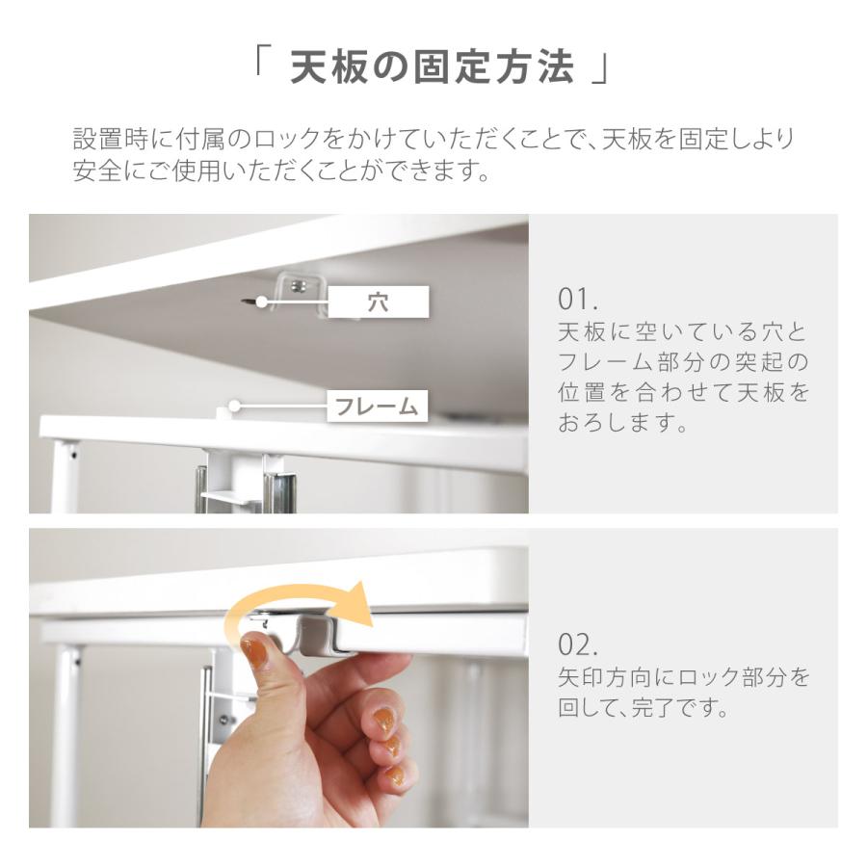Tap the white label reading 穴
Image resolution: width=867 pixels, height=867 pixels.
[378, 302]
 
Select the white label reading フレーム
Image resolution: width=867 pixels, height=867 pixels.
[377, 407]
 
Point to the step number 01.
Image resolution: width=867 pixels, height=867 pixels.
[578, 297]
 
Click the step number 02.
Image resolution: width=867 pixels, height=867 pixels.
[578, 644]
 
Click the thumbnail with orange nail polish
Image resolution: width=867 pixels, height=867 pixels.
[255, 654]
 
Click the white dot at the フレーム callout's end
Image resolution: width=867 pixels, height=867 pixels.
[233, 406]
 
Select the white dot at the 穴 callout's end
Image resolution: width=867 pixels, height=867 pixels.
[262, 302]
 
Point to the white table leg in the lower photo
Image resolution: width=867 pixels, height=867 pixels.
[66, 732]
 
